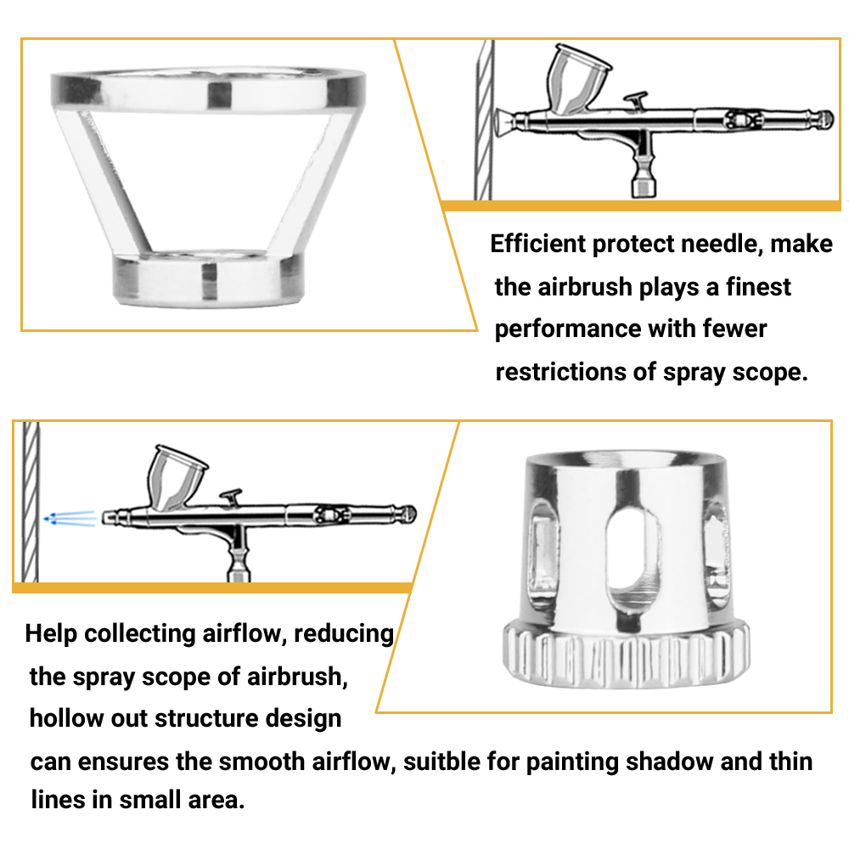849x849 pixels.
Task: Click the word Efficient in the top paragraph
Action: [x=537, y=245]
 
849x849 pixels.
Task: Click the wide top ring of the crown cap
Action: [x=208, y=88]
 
